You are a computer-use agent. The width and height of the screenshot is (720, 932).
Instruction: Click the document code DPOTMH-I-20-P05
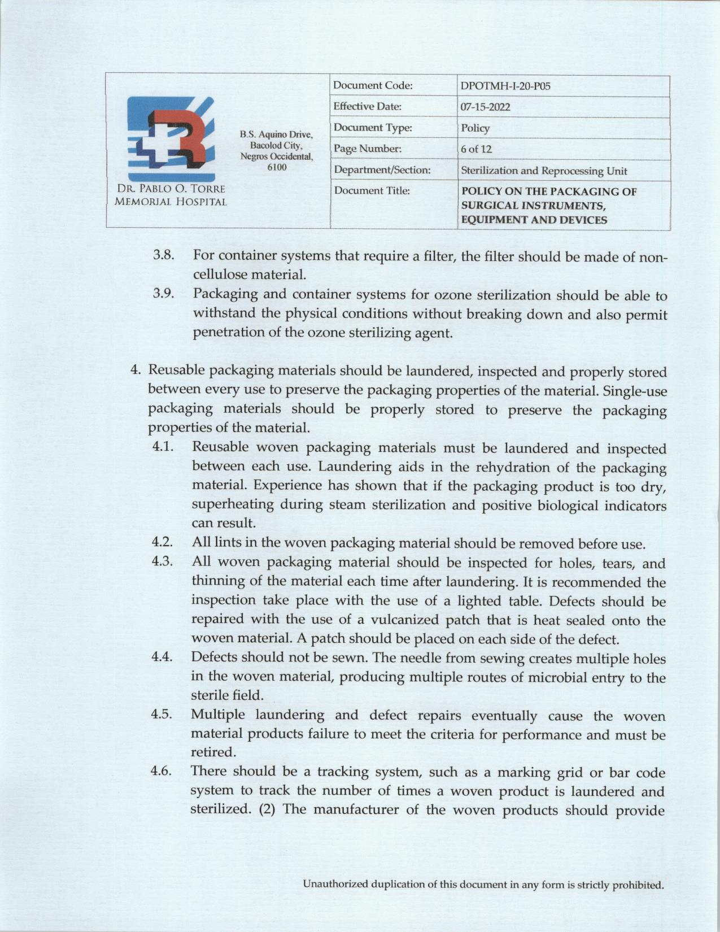(505, 86)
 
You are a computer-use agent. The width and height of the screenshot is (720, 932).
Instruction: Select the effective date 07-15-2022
(485, 107)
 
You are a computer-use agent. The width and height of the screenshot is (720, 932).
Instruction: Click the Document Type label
(373, 128)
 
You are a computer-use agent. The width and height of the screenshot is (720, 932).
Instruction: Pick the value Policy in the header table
(475, 128)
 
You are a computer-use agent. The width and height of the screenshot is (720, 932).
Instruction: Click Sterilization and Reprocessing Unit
(544, 171)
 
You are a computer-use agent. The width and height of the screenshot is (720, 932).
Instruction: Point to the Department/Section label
(382, 170)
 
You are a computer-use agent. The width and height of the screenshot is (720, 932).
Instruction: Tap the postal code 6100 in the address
(276, 167)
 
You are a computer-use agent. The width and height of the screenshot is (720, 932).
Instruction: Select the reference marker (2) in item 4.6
(266, 809)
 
